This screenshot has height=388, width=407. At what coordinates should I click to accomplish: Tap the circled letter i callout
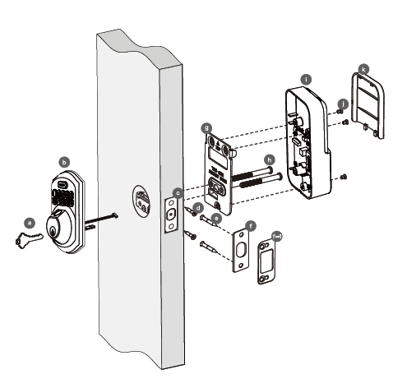(305, 78)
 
